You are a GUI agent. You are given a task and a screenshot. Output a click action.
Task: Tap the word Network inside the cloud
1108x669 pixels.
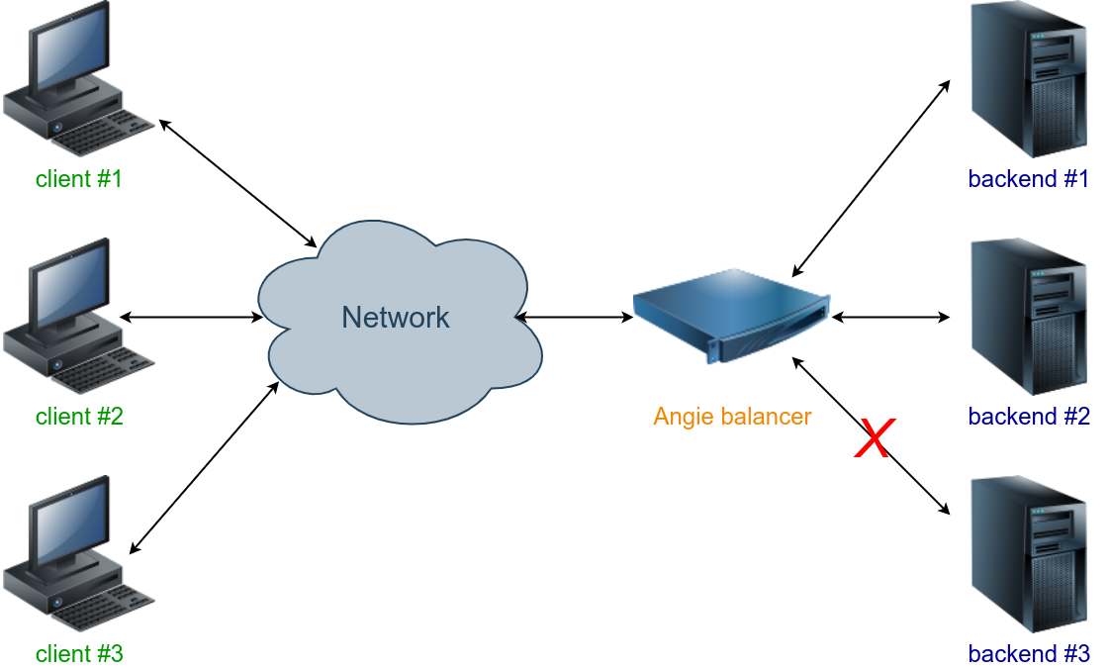pos(396,317)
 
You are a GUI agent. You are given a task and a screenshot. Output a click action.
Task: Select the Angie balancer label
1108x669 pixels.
pos(732,417)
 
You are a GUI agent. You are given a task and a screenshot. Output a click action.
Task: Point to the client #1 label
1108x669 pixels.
pos(79,179)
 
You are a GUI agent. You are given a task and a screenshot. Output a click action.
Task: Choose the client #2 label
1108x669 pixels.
pos(79,417)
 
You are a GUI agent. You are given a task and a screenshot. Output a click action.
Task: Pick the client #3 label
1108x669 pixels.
pos(79,654)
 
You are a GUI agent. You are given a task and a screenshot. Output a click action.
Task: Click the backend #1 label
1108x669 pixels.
pos(1028,179)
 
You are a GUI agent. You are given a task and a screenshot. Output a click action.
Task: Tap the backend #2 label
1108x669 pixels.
pos(1028,417)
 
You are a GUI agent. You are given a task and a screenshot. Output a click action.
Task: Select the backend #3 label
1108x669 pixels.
pos(1028,654)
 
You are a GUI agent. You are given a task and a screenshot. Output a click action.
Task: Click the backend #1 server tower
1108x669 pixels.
pos(1029,79)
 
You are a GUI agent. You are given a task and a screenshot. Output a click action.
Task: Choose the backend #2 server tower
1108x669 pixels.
pos(1029,317)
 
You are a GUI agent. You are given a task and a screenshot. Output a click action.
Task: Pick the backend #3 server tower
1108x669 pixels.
pos(1029,554)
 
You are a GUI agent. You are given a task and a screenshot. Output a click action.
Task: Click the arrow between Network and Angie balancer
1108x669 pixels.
pos(574,317)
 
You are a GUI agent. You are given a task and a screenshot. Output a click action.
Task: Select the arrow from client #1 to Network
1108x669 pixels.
pos(237,183)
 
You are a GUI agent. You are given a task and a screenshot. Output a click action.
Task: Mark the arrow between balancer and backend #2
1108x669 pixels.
pos(890,317)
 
